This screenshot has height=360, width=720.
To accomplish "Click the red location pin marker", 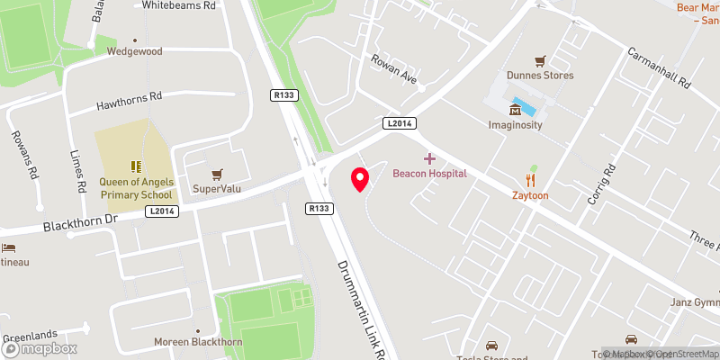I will pos(360,179).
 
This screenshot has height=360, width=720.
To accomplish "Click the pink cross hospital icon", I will pos(429,157).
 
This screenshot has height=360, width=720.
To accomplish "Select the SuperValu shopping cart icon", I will pos(215,174).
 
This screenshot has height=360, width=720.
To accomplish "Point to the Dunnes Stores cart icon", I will pos(540,61).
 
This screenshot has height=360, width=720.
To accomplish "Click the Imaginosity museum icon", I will pos(515,111).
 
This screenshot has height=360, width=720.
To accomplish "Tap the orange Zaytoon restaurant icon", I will pos(531,180).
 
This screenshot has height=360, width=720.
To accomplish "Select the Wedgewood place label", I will pos(134,51).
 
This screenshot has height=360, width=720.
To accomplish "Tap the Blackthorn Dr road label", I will pos(80,223).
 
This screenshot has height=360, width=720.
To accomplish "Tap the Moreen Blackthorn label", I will pos(198,342).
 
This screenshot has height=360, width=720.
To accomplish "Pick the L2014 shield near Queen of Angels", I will pos(161,211).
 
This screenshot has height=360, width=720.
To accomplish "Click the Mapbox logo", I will pos(38,348).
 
